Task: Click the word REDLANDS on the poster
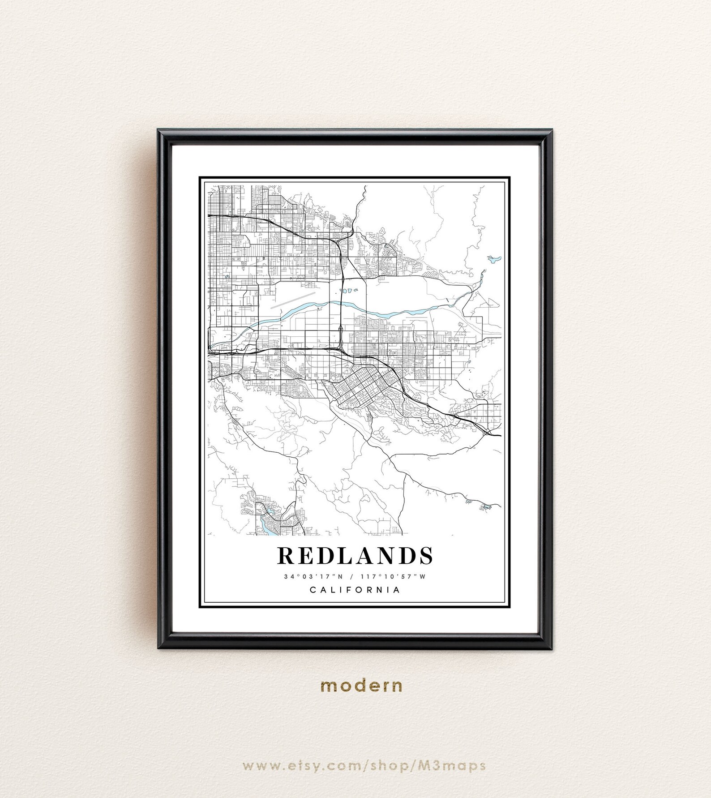[x=355, y=555]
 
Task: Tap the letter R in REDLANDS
[x=285, y=555]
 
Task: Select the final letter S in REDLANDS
[x=426, y=555]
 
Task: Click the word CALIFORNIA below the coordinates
[x=355, y=590]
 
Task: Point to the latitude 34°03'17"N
[x=313, y=576]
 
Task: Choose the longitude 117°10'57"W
[x=393, y=576]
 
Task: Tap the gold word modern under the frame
[x=361, y=686]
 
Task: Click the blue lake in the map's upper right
[x=493, y=259]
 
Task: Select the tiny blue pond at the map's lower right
[x=485, y=507]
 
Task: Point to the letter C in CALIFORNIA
[x=313, y=590]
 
